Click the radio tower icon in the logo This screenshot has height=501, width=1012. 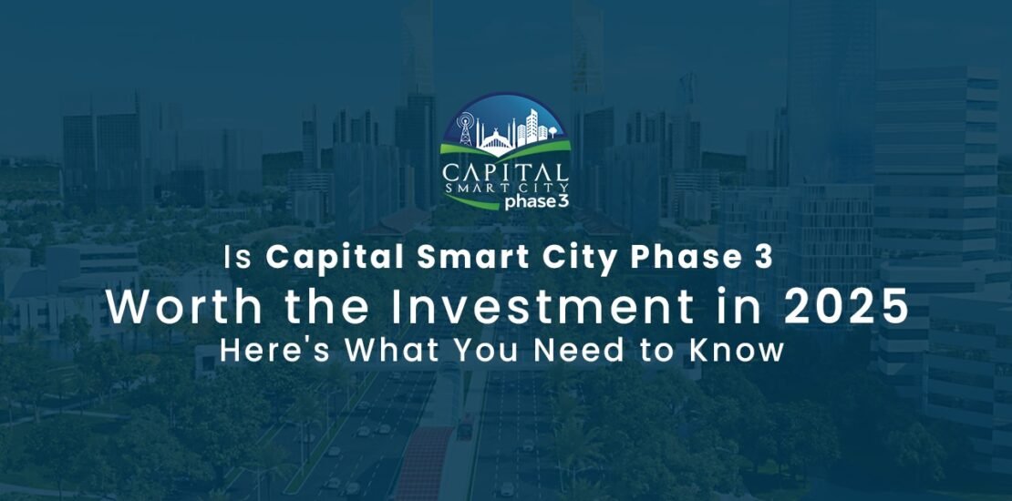pos(467,130)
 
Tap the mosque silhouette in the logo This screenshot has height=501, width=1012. pos(493,137)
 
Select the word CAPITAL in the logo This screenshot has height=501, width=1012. pos(505,171)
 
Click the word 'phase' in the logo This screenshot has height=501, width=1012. pos(522,201)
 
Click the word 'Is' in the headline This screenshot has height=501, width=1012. pos(240,259)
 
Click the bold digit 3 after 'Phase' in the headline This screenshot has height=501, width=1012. pos(763,259)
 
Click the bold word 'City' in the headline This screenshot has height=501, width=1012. pos(574,259)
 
